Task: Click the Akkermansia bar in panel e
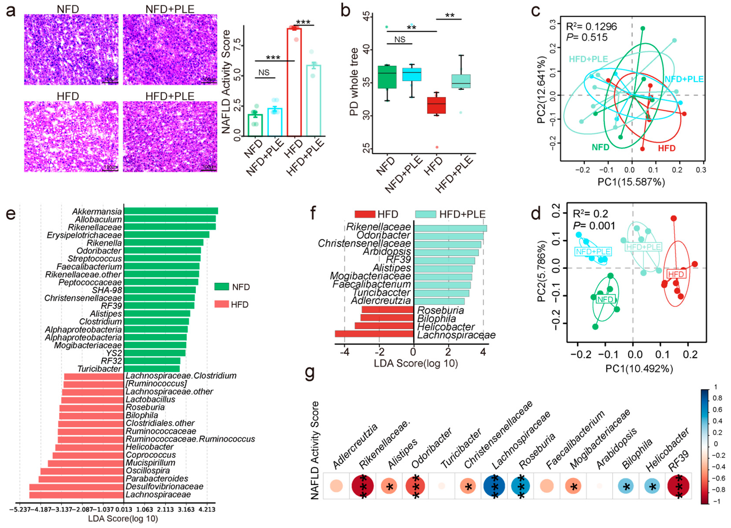(171, 211)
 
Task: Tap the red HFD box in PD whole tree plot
(436, 105)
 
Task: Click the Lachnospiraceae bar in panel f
(374, 334)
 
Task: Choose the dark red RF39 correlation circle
(678, 486)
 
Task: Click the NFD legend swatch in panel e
(222, 287)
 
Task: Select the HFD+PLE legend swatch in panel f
(425, 214)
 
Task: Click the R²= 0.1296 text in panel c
(591, 26)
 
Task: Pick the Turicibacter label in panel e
(99, 368)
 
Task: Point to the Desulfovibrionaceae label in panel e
(164, 486)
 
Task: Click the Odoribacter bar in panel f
(448, 236)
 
